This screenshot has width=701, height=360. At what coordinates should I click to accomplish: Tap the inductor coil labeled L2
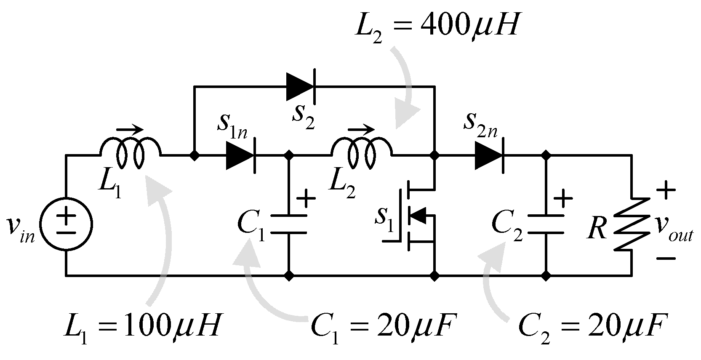coord(362,155)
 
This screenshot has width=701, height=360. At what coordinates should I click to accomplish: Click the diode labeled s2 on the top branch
coord(301,86)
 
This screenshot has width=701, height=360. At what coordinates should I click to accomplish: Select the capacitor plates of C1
coord(288,224)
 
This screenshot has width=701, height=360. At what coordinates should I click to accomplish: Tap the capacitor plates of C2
coord(546,224)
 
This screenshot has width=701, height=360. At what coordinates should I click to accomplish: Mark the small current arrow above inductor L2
coord(361,130)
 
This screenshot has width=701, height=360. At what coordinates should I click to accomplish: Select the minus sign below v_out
coord(665,258)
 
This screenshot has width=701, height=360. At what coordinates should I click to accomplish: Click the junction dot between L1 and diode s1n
coord(194,156)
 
